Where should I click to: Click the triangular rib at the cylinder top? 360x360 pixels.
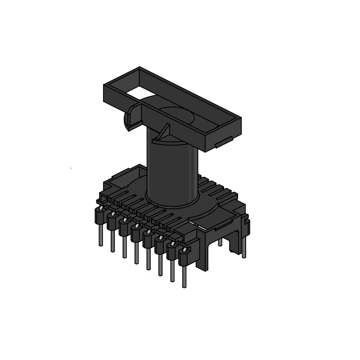coord(164,133)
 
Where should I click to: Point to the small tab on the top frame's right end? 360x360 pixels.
coord(220,144)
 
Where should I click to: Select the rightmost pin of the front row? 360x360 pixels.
coord(184,274)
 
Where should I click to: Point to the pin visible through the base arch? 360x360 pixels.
coord(220,242)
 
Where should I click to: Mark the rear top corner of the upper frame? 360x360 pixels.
coord(139,68)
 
